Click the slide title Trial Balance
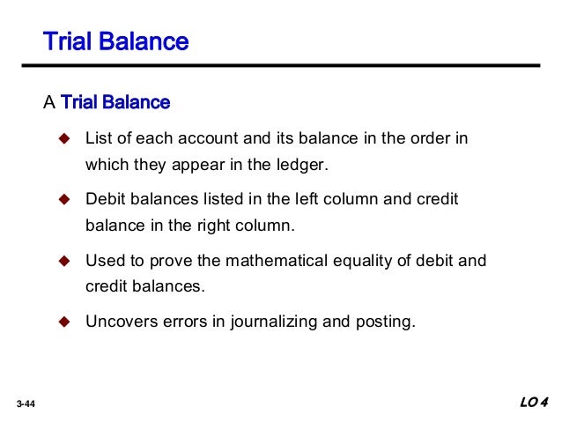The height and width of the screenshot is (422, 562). pos(115,41)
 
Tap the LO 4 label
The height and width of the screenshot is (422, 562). pos(533,403)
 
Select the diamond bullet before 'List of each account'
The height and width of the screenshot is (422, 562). pos(63,139)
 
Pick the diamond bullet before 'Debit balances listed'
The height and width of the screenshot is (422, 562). pos(63,200)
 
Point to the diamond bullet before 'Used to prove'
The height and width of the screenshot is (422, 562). pos(63,261)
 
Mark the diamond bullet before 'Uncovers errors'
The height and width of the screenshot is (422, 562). pos(63,322)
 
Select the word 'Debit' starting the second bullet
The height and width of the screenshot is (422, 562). pos(105,200)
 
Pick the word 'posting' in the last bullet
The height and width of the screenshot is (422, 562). pos(381,322)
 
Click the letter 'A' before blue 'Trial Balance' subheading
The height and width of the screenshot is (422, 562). pos(49,102)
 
